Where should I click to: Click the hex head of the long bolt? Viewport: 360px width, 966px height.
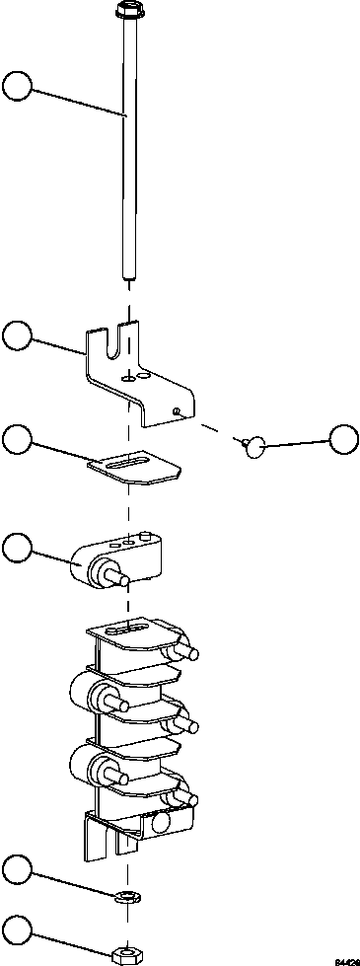[127, 12]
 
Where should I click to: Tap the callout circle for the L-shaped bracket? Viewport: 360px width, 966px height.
[19, 335]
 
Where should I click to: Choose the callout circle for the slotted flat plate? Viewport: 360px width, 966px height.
[19, 440]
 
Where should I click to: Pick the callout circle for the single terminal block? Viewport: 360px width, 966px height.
[19, 548]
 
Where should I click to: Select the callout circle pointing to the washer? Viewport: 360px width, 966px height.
[19, 870]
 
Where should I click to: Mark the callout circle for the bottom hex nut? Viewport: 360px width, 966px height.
[19, 929]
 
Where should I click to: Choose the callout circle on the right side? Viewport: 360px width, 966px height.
[343, 440]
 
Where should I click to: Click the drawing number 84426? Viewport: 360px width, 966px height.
[345, 959]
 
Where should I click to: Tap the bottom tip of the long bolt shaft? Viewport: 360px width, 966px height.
[127, 277]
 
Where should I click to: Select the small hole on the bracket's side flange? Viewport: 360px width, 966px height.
[175, 409]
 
